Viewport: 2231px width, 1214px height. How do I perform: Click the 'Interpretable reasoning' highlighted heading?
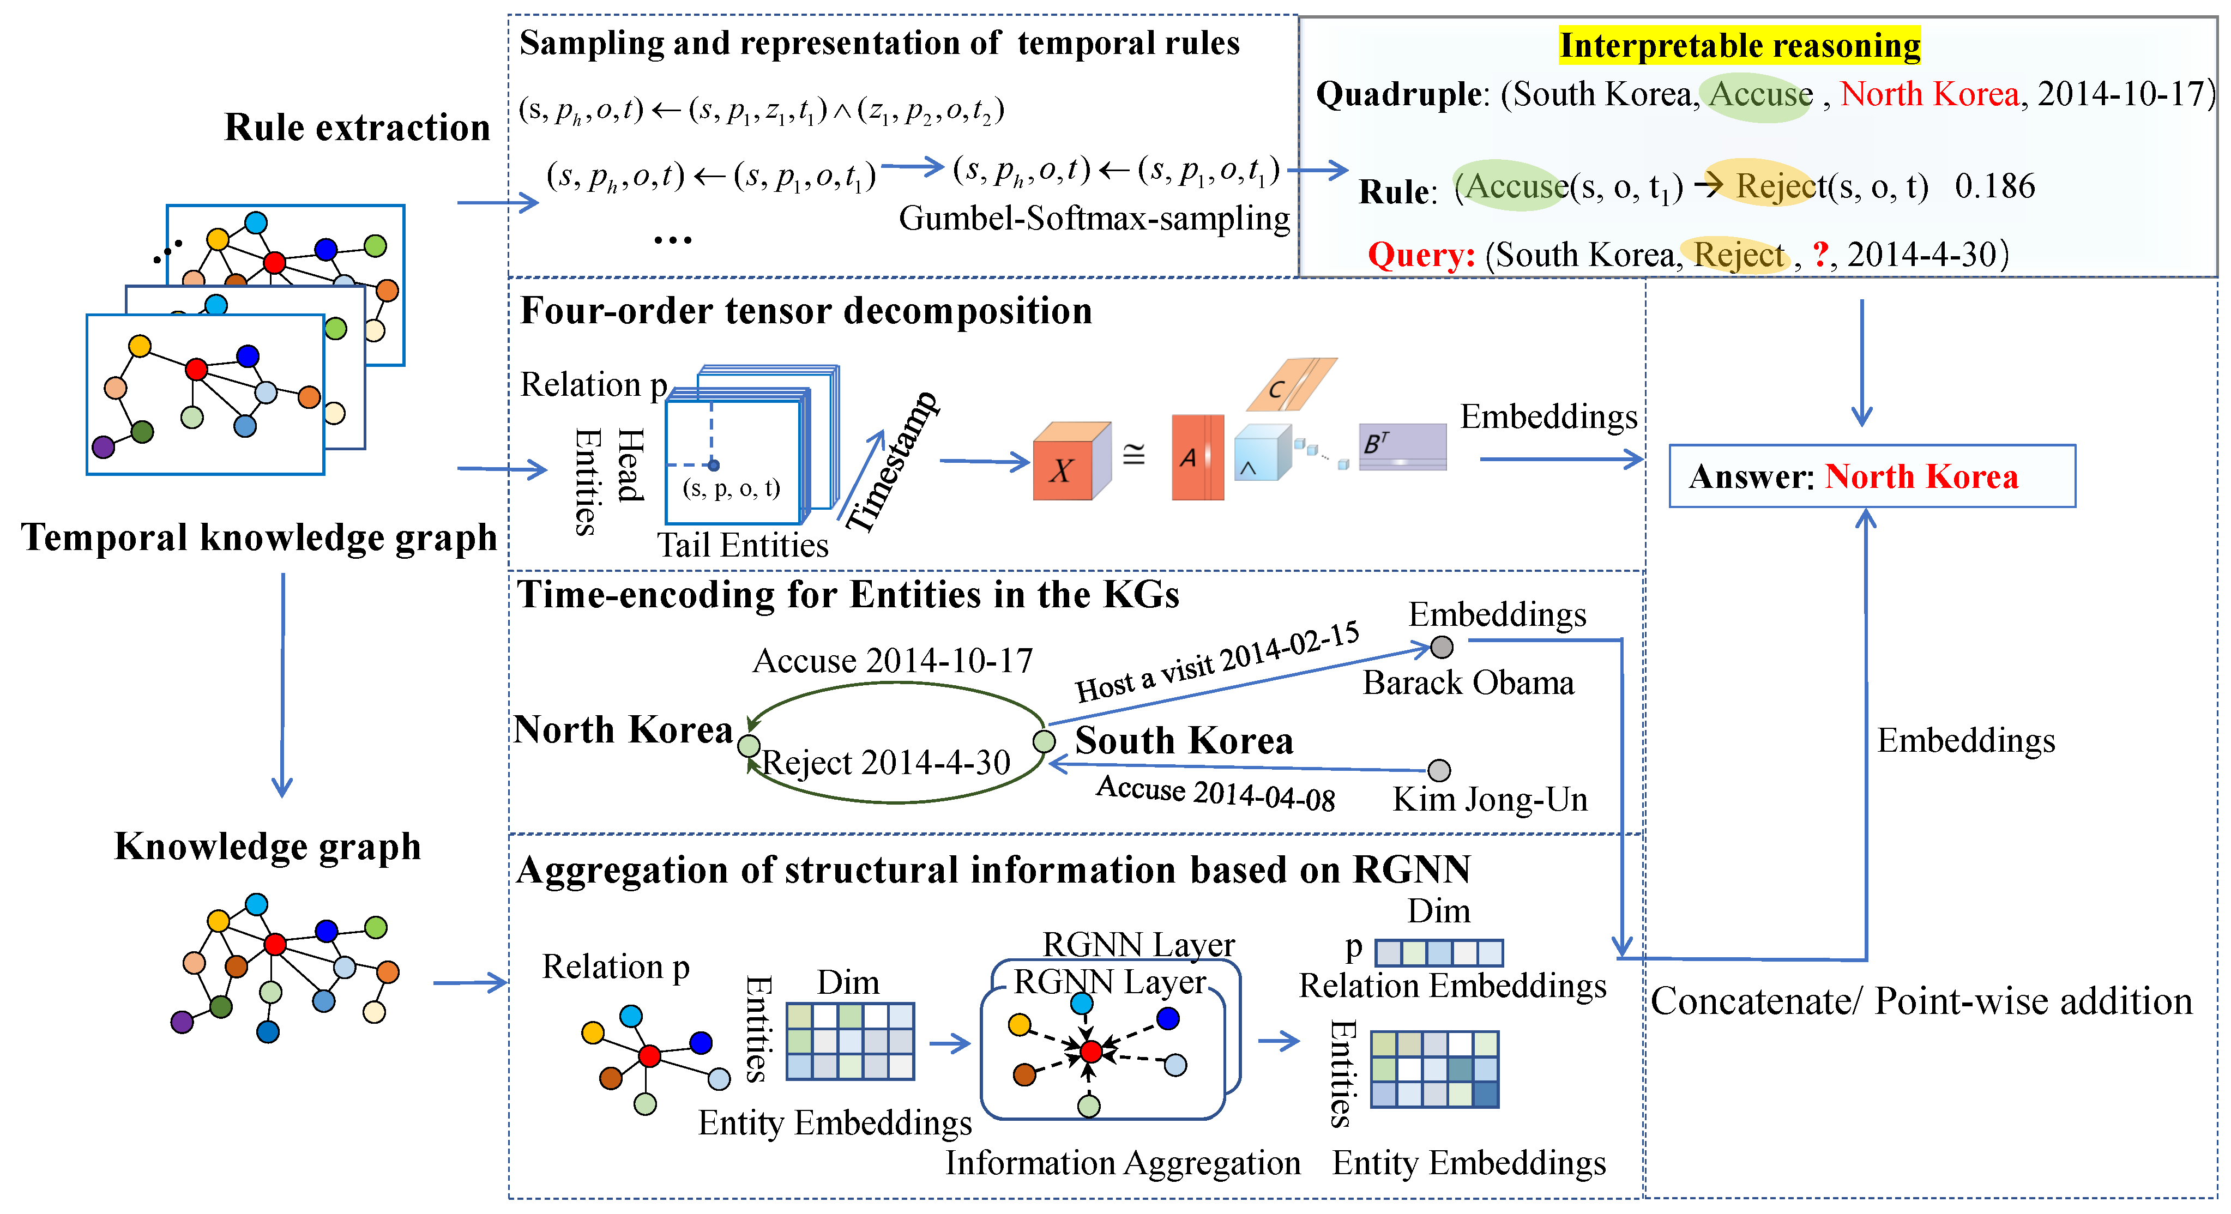point(1739,45)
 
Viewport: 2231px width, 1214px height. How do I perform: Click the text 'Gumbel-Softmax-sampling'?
point(1094,218)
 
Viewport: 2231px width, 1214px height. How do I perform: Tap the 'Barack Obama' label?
point(1468,683)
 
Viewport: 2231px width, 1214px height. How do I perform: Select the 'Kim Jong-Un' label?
point(1490,799)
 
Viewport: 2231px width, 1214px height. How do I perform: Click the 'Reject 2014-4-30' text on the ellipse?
point(885,762)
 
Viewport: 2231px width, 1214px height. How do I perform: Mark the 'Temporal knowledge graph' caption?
point(259,537)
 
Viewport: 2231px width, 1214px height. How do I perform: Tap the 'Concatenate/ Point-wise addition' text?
point(1920,1001)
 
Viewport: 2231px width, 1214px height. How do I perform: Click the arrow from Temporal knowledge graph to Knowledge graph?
point(282,684)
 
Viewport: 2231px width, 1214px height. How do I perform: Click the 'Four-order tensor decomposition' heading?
point(805,310)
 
